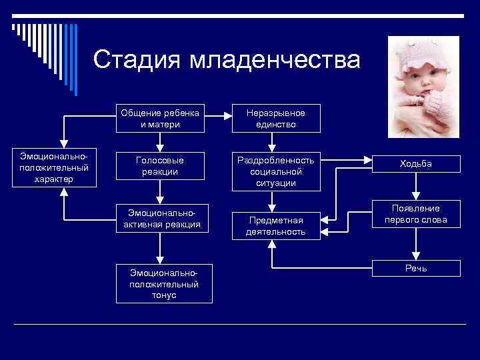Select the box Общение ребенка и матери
[x=161, y=118]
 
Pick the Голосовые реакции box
[x=160, y=167]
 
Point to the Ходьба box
[x=416, y=164]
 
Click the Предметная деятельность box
[x=275, y=226]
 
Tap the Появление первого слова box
[x=416, y=214]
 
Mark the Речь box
[x=416, y=268]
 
